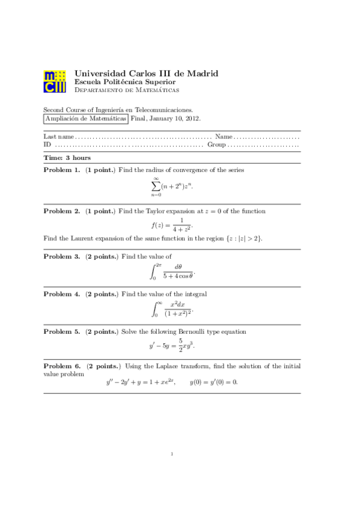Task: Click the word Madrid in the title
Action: point(201,73)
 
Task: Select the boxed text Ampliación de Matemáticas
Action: point(86,119)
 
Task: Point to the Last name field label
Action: point(55,137)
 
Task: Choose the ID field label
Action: point(47,145)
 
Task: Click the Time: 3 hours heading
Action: point(67,157)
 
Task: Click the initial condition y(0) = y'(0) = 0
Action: point(214,382)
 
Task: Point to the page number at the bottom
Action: point(172,454)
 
